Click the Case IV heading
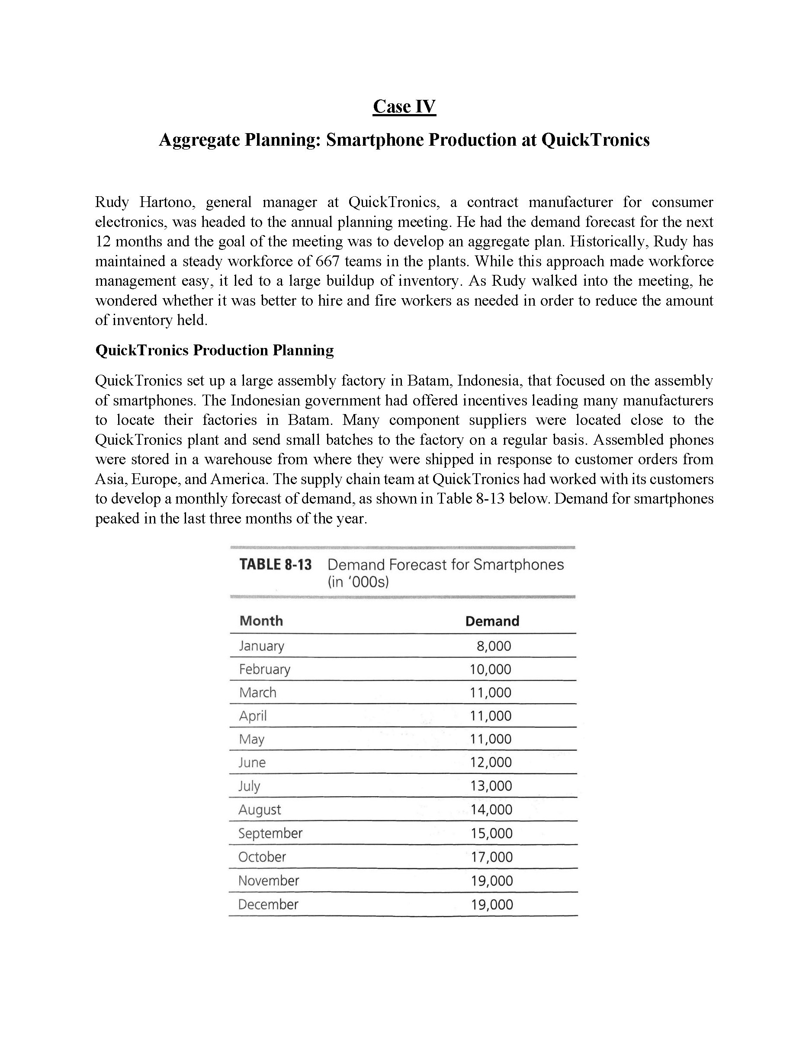(404, 106)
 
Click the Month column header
(261, 621)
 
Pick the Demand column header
(492, 621)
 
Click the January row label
(262, 646)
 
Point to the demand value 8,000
(494, 646)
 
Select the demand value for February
(490, 669)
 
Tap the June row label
(252, 762)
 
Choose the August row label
(260, 810)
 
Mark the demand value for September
(491, 833)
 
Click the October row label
(262, 857)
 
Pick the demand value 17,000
(492, 857)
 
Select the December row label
(268, 904)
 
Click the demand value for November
(492, 881)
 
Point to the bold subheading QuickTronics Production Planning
(214, 351)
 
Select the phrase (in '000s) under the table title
(358, 582)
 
